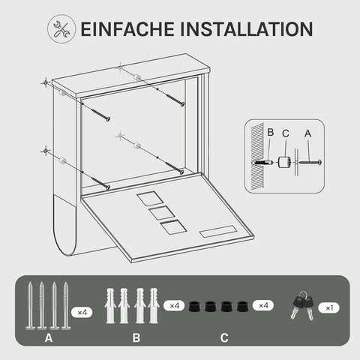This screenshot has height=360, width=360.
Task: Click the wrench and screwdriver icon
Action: point(61,28)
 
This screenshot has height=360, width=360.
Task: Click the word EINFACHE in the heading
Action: point(127,29)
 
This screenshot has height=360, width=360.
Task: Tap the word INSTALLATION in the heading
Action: point(246,29)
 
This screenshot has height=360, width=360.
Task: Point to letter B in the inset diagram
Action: point(271,132)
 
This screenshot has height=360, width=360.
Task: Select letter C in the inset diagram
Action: point(286,133)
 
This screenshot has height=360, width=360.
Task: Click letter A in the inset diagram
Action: point(307,133)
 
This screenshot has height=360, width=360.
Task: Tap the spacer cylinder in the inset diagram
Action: point(284,163)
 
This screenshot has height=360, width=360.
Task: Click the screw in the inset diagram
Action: point(310,163)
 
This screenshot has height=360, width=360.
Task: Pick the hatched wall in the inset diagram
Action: point(257,157)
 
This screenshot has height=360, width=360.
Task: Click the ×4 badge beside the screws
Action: point(82,312)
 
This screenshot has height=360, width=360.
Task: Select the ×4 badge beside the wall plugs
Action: point(174,305)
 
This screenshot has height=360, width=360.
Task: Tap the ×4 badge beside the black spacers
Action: point(263,305)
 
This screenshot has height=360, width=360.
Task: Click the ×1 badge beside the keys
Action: point(328,307)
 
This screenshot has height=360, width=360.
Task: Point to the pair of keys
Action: point(302,305)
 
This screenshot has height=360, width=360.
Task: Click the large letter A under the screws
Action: point(49,338)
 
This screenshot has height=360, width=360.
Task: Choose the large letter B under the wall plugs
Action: point(136,337)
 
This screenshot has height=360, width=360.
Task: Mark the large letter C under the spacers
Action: point(224,337)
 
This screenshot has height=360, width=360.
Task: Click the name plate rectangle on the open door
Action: point(217,232)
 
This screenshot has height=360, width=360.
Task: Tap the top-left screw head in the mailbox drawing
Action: point(108,119)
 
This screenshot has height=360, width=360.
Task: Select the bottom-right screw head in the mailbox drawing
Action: point(181,172)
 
